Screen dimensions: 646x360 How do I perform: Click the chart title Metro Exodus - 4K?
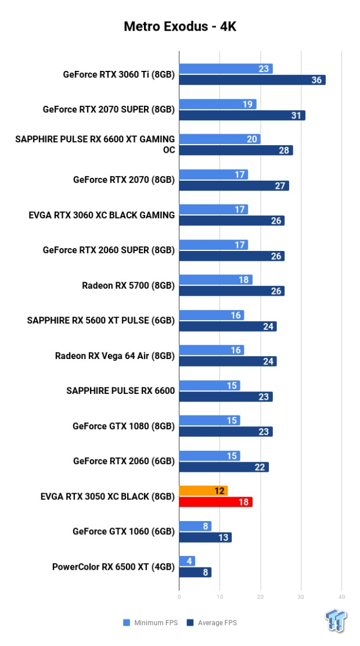pos(180,26)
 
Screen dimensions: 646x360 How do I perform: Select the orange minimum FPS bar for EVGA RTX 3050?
pos(203,491)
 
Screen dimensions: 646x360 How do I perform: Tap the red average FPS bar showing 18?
pos(215,502)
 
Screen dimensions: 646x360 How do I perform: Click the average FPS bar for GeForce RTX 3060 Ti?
pos(252,80)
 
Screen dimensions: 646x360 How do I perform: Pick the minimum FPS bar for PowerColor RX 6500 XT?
pos(187,561)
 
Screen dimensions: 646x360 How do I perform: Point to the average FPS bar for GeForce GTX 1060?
pos(205,537)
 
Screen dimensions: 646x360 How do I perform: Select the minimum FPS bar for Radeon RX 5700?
pos(215,280)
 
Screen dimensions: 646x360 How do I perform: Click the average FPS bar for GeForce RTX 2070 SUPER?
pos(242,115)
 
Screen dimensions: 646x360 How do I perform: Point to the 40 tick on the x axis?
pos(341,597)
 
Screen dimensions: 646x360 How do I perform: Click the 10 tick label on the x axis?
pos(219,597)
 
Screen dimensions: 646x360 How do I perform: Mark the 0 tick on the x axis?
pos(179,597)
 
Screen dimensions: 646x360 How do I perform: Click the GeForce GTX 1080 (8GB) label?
pos(124,426)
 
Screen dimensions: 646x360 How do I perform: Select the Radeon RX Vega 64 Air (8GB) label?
pos(115,356)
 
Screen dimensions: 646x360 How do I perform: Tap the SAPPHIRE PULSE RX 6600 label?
pos(121,390)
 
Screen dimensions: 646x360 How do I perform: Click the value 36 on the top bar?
pos(317,80)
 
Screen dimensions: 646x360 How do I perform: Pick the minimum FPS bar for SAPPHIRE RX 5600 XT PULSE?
pos(211,315)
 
